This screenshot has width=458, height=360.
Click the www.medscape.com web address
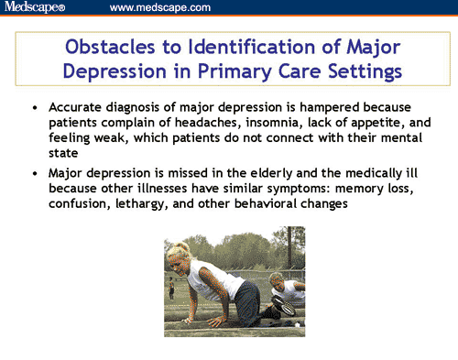click(159, 8)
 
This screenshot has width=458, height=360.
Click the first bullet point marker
click(35, 108)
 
